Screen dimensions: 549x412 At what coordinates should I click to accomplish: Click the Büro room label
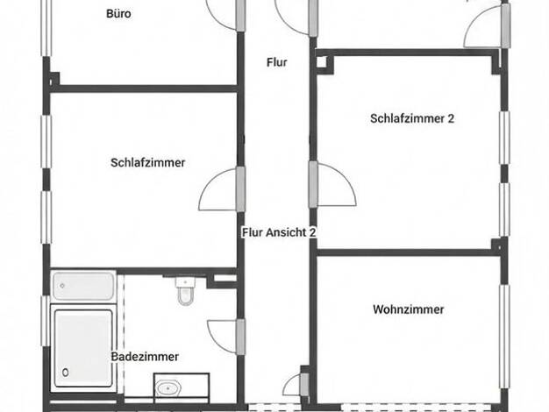pos(118,14)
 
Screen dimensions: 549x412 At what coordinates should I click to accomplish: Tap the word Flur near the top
pos(276,62)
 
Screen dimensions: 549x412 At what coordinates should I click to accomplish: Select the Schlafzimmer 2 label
pos(412,118)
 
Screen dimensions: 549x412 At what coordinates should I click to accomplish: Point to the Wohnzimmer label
pos(409,309)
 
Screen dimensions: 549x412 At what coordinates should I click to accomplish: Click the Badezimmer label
pos(145,357)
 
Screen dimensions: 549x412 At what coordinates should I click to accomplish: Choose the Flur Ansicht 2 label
pos(279,232)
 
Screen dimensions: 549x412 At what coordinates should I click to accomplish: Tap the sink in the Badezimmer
pos(168,387)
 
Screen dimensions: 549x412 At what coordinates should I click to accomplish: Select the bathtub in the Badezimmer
pos(83,286)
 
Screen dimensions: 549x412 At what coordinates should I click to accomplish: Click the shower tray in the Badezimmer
pos(83,348)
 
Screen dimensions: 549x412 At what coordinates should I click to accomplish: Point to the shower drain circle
pos(65,373)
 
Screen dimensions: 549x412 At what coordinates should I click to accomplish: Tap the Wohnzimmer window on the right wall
pos(504,337)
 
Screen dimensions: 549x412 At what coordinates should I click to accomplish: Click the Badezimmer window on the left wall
pos(46,321)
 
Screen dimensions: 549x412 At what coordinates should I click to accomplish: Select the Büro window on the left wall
pos(46,28)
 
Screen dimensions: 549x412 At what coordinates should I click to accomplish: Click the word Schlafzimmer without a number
pos(147,163)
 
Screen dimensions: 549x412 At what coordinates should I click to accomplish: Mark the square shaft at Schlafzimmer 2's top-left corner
pos(322,61)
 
